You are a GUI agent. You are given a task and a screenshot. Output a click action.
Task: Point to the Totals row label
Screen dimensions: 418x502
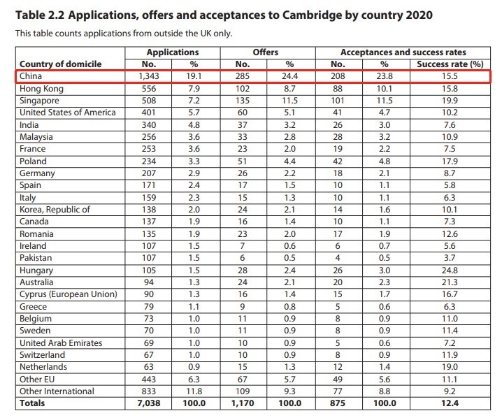click(32, 403)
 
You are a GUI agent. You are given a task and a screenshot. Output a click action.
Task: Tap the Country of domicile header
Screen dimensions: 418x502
click(60, 64)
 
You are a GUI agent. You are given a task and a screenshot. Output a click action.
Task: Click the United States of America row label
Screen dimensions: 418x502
click(68, 113)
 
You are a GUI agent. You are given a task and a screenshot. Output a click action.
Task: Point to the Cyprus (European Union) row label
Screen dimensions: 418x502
click(68, 294)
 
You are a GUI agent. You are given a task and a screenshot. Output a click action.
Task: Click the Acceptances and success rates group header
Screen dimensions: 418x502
click(403, 52)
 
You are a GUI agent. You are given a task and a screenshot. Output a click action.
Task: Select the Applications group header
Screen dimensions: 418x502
click(172, 52)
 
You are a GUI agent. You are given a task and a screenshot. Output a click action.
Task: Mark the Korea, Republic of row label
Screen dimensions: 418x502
click(55, 209)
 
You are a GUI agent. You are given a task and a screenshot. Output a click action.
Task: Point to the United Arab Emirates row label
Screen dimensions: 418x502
click(61, 343)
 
